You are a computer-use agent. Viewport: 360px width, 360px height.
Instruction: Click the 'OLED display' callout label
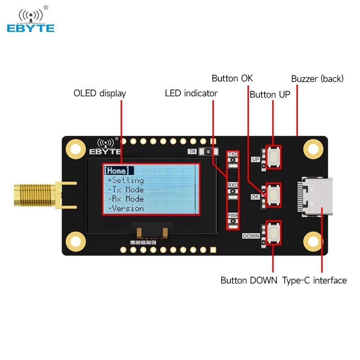99,94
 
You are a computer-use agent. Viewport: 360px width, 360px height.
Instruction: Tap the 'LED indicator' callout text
191,94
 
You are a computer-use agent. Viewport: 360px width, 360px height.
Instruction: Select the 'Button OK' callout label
232,78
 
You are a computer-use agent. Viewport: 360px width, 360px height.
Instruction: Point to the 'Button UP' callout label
270,94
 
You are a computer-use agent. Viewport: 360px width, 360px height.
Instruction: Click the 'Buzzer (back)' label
317,79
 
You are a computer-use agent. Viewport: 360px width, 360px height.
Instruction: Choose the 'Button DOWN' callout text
246,280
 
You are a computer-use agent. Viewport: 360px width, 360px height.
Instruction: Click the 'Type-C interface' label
315,280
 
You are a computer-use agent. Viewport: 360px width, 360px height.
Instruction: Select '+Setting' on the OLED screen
126,180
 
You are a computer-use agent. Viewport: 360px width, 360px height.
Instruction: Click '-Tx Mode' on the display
126,189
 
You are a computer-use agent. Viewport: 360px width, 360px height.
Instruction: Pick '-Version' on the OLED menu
126,208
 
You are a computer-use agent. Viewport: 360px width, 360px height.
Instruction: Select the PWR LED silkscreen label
233,216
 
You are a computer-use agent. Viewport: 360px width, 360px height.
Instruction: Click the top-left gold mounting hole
75,148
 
